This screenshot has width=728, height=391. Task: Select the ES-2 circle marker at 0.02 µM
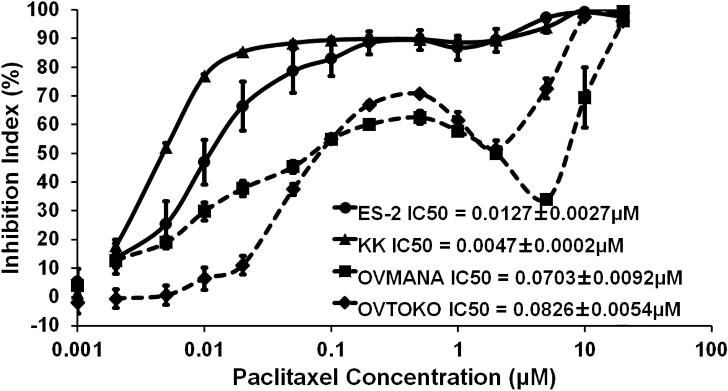243,106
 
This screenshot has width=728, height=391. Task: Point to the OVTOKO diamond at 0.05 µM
293,189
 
